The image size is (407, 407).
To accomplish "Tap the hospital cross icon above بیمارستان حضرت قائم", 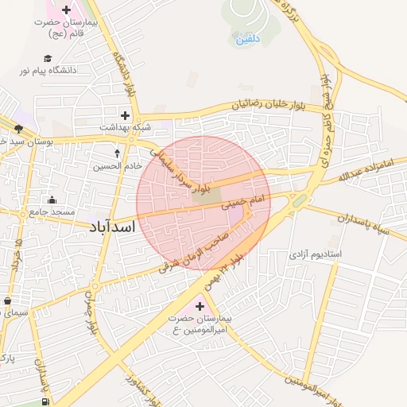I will tap(65, 9).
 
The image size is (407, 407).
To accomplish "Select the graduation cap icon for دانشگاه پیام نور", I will tap(48, 58).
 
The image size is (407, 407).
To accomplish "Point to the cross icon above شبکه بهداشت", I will tap(124, 115).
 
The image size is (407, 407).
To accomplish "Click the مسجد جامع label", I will tap(52, 212).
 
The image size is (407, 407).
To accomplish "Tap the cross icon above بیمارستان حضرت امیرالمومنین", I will tap(200, 304).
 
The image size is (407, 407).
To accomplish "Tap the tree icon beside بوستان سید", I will tap(18, 128).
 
